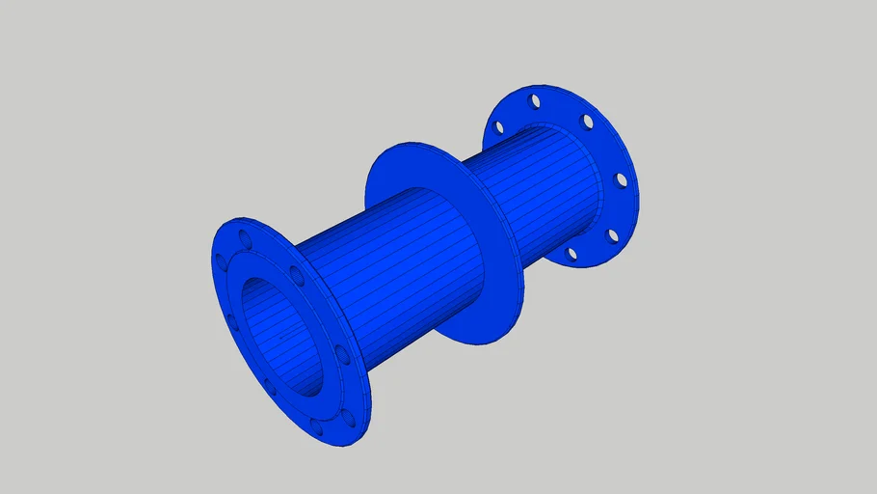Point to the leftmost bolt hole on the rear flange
point(499,126)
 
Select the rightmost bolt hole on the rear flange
point(622,179)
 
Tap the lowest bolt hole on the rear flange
point(571,254)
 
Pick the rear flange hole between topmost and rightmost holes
point(587,121)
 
